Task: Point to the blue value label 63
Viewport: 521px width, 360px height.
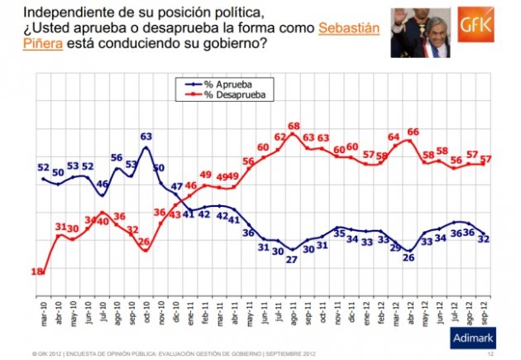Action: pyautogui.click(x=146, y=137)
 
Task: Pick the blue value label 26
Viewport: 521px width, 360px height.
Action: pyautogui.click(x=409, y=257)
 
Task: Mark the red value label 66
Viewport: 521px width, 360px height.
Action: pyautogui.click(x=413, y=132)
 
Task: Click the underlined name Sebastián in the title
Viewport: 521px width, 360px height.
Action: pyautogui.click(x=350, y=29)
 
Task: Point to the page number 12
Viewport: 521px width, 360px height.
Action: pyautogui.click(x=491, y=354)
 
